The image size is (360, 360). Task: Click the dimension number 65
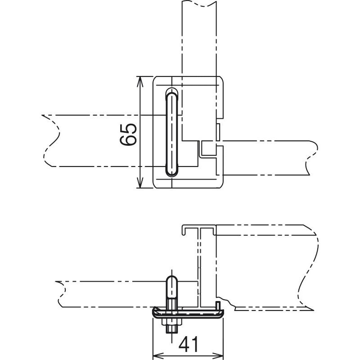click(129, 135)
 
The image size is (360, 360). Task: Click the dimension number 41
click(188, 345)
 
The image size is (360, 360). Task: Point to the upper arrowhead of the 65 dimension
click(139, 82)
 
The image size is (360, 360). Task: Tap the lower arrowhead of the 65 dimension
click(139, 183)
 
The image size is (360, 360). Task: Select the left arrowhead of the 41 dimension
click(158, 356)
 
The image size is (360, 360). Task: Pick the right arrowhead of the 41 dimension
click(218, 356)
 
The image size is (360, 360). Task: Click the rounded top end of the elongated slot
click(171, 92)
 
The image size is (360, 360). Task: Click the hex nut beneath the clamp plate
click(172, 323)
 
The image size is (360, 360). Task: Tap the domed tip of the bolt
click(172, 279)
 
